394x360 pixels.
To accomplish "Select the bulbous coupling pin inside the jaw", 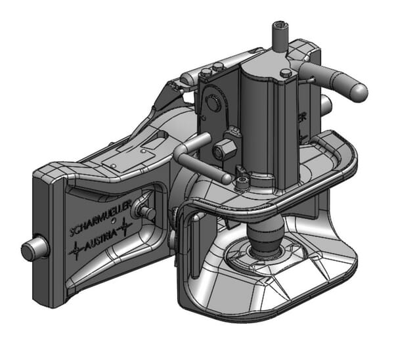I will (267, 233).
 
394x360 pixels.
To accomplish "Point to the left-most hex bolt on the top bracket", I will (206, 74).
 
